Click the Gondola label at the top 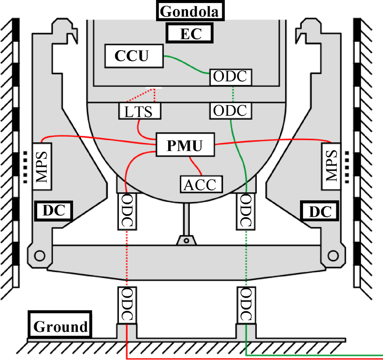(x=191, y=11)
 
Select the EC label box (x=191, y=34)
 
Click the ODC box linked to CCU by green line (x=230, y=77)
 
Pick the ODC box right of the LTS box (x=230, y=110)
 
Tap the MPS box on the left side (x=42, y=166)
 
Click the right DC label (x=320, y=211)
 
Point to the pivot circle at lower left (x=39, y=255)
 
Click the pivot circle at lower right (x=333, y=255)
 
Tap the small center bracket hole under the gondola (x=186, y=239)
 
